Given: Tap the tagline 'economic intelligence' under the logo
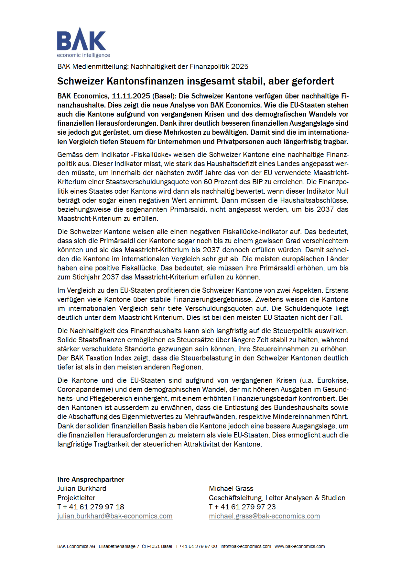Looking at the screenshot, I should pyautogui.click(x=83, y=55).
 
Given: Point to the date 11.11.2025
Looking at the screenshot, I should pyautogui.click(x=131, y=96).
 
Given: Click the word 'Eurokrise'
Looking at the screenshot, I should pyautogui.click(x=332, y=381).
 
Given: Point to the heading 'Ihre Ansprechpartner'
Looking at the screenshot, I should pyautogui.click(x=91, y=480).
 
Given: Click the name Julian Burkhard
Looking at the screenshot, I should pyautogui.click(x=82, y=489).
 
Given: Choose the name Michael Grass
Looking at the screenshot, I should pyautogui.click(x=231, y=489).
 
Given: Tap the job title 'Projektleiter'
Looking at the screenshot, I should pyautogui.click(x=76, y=498).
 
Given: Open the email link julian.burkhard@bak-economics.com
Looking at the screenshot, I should pyautogui.click(x=115, y=516).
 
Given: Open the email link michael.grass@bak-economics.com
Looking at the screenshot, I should pyautogui.click(x=264, y=516).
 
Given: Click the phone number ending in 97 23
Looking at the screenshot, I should pyautogui.click(x=243, y=507).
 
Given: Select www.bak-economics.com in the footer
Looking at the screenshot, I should pyautogui.click(x=300, y=547).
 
